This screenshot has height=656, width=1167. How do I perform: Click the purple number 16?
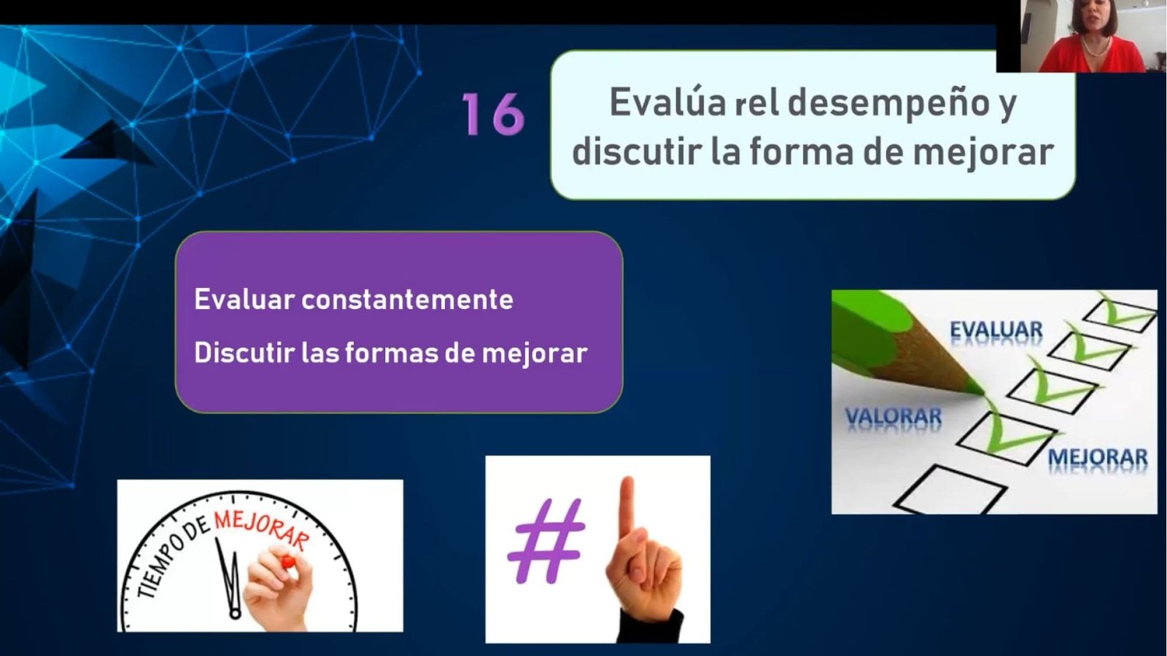pyautogui.click(x=493, y=114)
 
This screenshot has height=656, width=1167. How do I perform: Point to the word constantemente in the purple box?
pyautogui.click(x=408, y=300)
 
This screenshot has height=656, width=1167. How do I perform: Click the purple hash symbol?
pyautogui.click(x=546, y=540)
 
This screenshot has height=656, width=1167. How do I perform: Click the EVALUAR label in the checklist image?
pyautogui.click(x=996, y=330)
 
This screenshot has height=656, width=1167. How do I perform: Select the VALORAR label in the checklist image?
pyautogui.click(x=893, y=416)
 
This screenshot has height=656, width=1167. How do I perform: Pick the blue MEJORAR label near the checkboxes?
pyautogui.click(x=1098, y=457)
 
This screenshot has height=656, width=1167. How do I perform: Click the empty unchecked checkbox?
pyautogui.click(x=950, y=489)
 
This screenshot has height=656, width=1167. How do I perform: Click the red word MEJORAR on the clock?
pyautogui.click(x=262, y=529)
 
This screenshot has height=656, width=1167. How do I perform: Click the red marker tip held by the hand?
pyautogui.click(x=287, y=562)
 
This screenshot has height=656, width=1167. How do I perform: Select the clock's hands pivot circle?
pyautogui.click(x=235, y=613)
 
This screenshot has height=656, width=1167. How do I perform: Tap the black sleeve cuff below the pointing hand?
pyautogui.click(x=651, y=627)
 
